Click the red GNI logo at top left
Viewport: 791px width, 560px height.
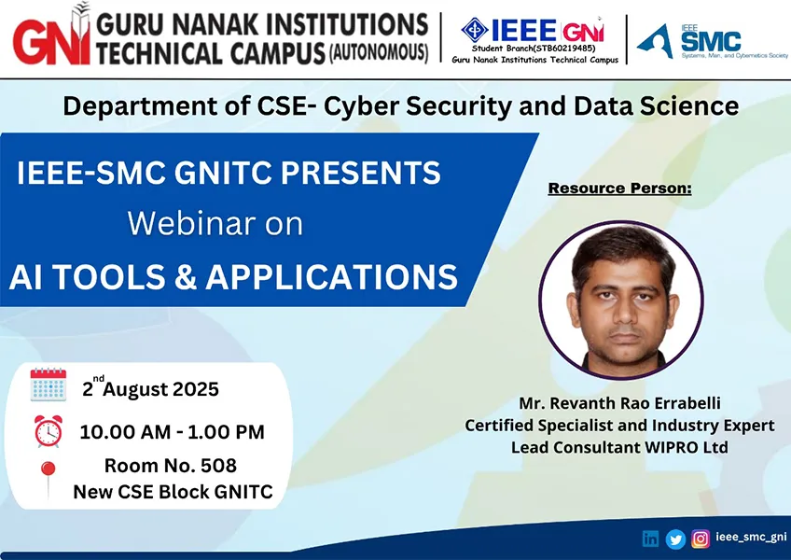[51, 35]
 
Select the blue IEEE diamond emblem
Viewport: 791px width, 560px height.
[475, 30]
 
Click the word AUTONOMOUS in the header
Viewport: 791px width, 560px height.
[379, 52]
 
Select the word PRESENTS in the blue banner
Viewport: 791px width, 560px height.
[361, 172]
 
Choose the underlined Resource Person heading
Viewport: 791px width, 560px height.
[619, 188]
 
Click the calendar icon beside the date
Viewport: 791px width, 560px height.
[48, 385]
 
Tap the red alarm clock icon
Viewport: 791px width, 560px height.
[49, 431]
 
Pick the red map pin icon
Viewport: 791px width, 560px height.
[48, 479]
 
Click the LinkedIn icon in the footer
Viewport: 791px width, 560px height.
[650, 539]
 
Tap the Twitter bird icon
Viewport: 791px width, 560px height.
[675, 539]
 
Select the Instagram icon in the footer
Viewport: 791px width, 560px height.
[701, 539]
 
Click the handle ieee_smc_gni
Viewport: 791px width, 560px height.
[751, 538]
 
